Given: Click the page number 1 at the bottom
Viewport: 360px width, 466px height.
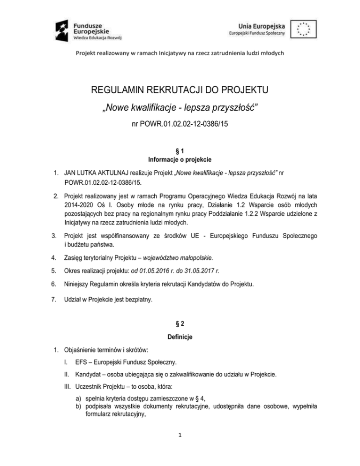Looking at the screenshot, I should coord(180,447).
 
